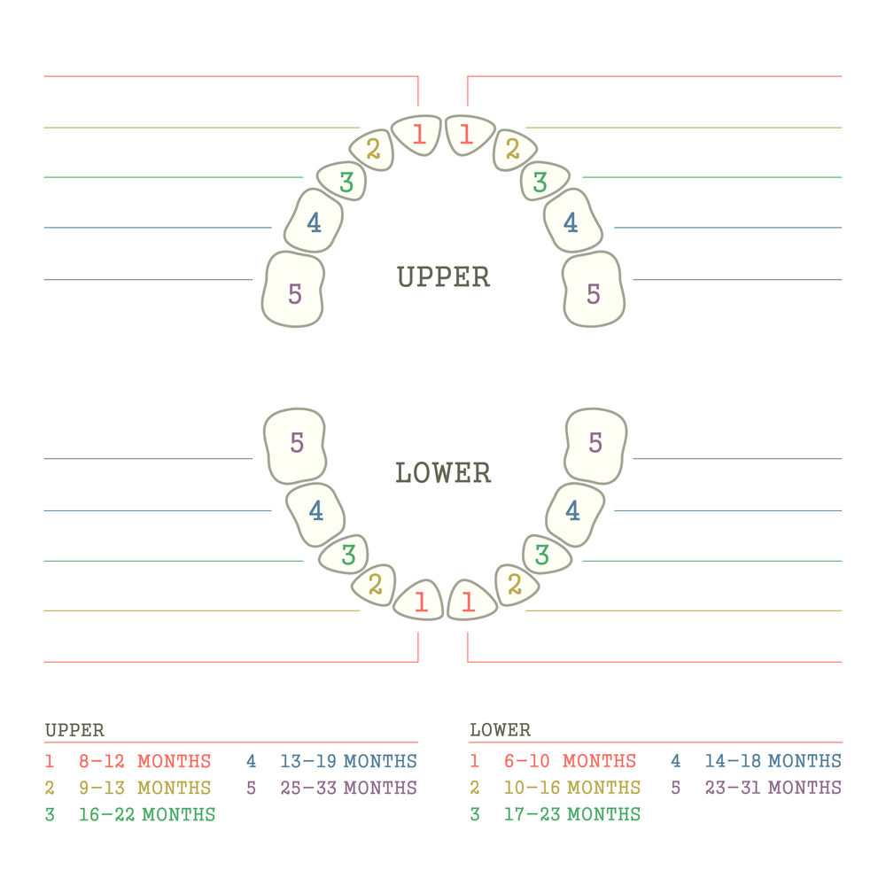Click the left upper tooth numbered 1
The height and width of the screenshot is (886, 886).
tap(416, 135)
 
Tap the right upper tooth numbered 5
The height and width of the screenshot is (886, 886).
tap(594, 290)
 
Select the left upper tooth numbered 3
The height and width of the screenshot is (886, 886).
tap(342, 181)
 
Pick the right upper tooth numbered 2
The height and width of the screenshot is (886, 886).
tap(514, 150)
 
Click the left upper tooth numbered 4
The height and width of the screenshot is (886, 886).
tap(313, 221)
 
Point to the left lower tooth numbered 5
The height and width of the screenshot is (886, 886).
tap(295, 446)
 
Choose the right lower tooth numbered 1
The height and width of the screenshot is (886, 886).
tap(471, 601)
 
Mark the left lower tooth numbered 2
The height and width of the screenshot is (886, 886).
tap(374, 585)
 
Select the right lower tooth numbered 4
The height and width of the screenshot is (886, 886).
tap(575, 514)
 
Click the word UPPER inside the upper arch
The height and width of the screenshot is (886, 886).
tap(444, 276)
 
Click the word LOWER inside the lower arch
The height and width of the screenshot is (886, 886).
tap(443, 473)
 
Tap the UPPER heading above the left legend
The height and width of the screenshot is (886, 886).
tap(74, 730)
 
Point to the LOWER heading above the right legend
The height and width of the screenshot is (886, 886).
tap(500, 730)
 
